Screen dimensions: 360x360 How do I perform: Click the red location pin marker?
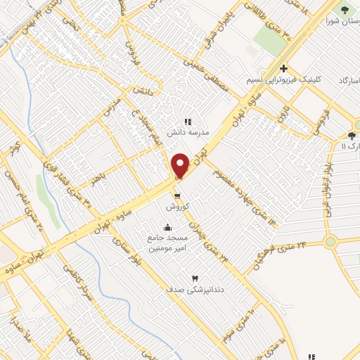(181, 165)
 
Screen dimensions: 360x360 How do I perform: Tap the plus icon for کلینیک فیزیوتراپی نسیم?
(283, 69)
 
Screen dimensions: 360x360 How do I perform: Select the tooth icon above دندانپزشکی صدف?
(195, 278)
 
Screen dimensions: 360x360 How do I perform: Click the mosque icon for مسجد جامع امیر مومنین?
(167, 227)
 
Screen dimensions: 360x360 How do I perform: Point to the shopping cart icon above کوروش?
(176, 195)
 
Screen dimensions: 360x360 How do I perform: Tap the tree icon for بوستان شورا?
(345, 9)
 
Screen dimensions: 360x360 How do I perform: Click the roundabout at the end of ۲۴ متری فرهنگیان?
(330, 242)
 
